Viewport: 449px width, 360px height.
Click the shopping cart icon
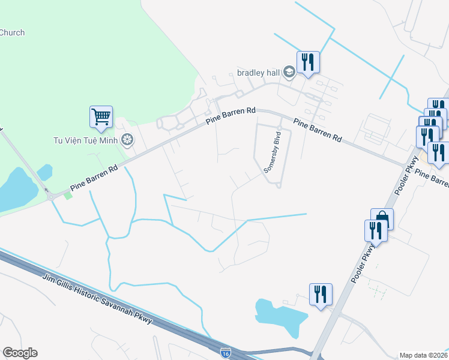pyautogui.click(x=101, y=116)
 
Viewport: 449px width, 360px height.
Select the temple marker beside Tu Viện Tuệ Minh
pyautogui.click(x=127, y=140)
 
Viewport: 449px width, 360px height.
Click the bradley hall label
pyautogui.click(x=258, y=73)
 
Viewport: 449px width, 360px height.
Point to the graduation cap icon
pyautogui.click(x=289, y=73)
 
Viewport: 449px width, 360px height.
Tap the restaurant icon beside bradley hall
pyautogui.click(x=308, y=62)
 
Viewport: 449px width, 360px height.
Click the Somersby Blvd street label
pyautogui.click(x=273, y=152)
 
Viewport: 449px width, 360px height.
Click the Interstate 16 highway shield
pyautogui.click(x=225, y=352)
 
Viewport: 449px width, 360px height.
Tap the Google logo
pyautogui.click(x=20, y=353)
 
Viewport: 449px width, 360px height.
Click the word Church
pyautogui.click(x=12, y=32)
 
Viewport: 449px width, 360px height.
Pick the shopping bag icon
pyautogui.click(x=382, y=218)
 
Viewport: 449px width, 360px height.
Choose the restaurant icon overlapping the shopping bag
pyautogui.click(x=375, y=230)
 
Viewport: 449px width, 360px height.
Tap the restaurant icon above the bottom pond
pyautogui.click(x=321, y=294)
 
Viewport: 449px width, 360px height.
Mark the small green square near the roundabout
pyautogui.click(x=68, y=195)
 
